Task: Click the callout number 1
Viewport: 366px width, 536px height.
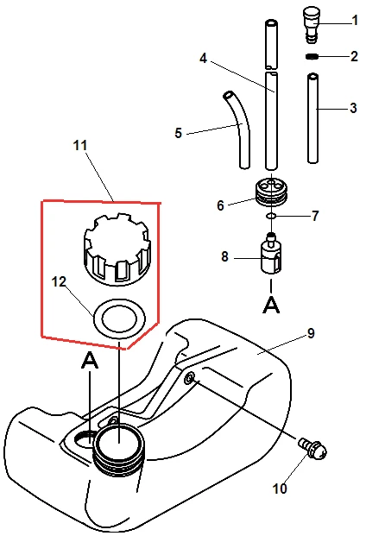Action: (x=355, y=21)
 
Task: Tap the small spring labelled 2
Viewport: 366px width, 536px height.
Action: (x=312, y=56)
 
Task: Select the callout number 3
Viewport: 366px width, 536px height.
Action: (x=353, y=109)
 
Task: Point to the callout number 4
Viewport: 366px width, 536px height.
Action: (x=204, y=58)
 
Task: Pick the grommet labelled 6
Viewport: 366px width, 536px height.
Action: (x=272, y=192)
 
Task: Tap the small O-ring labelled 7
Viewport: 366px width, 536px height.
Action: (x=271, y=216)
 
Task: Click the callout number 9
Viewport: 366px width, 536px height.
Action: (x=311, y=333)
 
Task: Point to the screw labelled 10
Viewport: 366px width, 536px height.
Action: (x=313, y=448)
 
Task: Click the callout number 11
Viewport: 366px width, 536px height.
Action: (x=80, y=145)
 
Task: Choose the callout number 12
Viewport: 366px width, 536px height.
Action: (x=59, y=282)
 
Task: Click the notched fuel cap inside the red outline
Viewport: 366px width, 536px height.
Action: (x=117, y=249)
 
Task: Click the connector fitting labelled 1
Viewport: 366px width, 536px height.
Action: (x=312, y=26)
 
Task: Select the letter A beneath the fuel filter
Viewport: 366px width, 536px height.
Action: (x=271, y=305)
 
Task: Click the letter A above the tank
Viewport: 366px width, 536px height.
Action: (x=90, y=360)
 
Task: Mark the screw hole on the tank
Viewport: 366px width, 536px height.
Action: (x=190, y=378)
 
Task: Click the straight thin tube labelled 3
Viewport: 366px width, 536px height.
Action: (x=313, y=118)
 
